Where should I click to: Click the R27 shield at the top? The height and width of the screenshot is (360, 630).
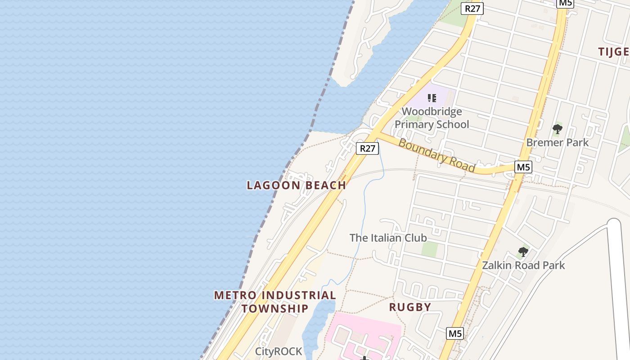point(472,9)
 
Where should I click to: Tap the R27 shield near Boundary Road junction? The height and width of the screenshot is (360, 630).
point(367,148)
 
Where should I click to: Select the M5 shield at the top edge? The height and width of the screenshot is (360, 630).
point(565,3)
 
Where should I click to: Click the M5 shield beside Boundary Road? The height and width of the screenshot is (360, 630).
point(523,167)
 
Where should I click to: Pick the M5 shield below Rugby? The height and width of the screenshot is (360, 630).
point(455,333)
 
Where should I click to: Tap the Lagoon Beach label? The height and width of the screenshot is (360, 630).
point(297,185)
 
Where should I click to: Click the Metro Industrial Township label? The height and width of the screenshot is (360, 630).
point(274,302)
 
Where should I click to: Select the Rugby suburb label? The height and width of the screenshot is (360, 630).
point(410,307)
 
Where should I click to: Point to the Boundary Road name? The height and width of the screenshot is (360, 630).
point(436,156)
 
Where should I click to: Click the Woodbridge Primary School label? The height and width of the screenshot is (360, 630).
point(432,118)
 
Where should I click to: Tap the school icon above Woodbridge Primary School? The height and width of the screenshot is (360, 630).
point(432,98)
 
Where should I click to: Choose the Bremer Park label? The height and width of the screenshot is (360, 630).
point(557,143)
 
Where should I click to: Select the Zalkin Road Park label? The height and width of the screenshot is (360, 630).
point(523,265)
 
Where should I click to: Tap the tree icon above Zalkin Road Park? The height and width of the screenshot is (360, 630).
point(523,252)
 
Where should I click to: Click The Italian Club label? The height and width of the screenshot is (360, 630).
point(388,238)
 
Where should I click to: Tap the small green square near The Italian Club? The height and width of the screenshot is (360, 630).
point(430,249)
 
